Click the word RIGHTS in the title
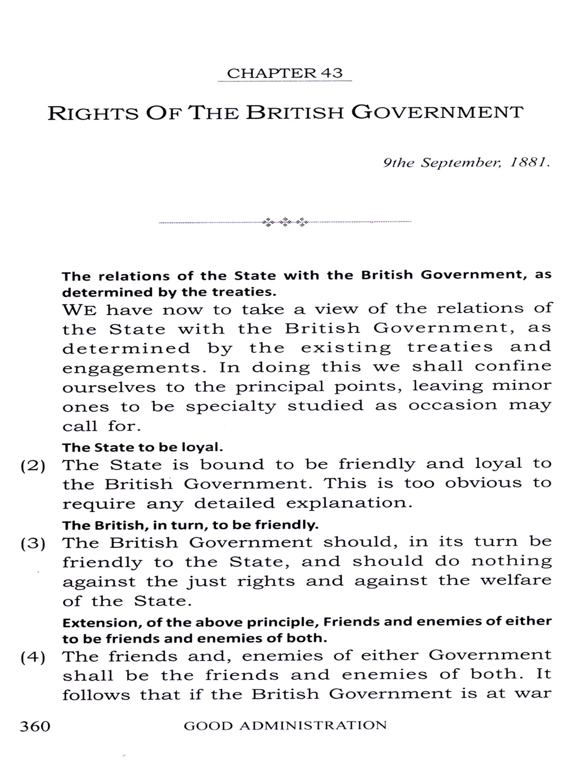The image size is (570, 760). pyautogui.click(x=93, y=113)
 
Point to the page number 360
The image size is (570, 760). pyautogui.click(x=35, y=726)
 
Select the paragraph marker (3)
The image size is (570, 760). pyautogui.click(x=33, y=544)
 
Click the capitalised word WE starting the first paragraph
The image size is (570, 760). pyautogui.click(x=79, y=310)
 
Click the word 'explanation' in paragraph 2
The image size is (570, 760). pyautogui.click(x=349, y=503)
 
